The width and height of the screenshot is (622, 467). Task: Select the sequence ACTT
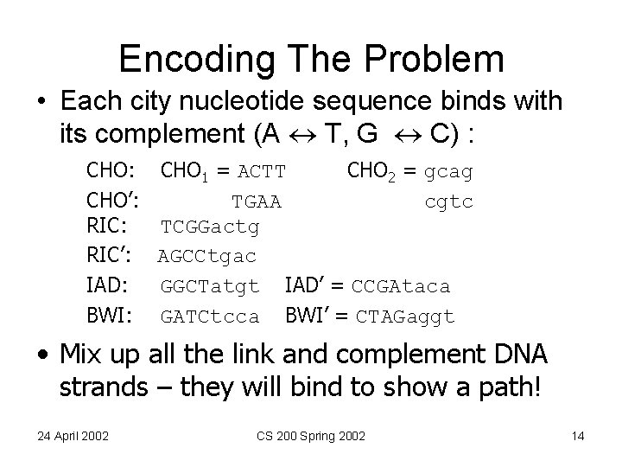[262, 172]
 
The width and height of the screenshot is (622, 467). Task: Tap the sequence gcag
[448, 172]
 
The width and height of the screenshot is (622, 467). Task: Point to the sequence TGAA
[257, 202]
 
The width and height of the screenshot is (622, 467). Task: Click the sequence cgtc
[448, 202]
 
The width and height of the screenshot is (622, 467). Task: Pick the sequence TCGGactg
[210, 229]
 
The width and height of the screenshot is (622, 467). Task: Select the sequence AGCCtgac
[207, 258]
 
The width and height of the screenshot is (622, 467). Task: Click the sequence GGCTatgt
[210, 286]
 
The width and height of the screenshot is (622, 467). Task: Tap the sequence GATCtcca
[210, 316]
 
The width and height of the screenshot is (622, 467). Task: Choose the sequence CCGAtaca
[401, 286]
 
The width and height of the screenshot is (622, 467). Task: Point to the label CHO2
[371, 171]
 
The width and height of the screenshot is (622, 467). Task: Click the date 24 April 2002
[73, 436]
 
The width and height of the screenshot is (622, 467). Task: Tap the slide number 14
[578, 436]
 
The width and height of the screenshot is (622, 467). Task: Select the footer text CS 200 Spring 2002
[310, 436]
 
